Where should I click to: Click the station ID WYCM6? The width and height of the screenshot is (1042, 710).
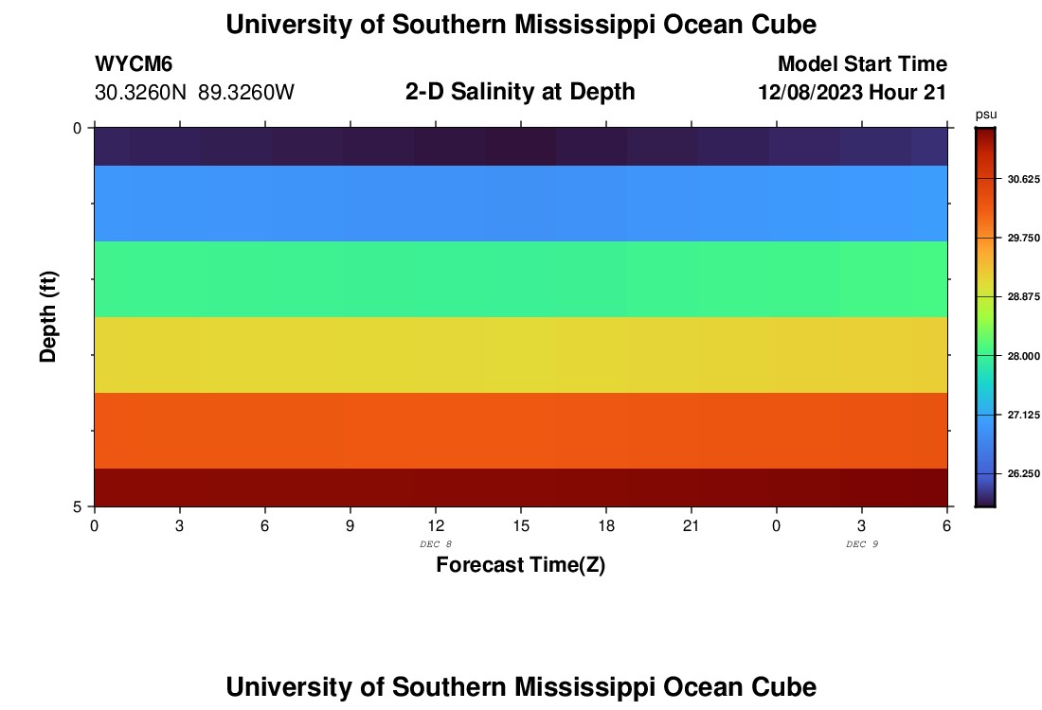click(134, 64)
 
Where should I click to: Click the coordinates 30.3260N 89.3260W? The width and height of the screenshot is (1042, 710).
click(195, 93)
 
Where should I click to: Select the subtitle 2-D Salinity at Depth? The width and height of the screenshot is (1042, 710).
click(520, 92)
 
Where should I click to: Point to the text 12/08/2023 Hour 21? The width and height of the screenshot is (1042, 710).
click(853, 93)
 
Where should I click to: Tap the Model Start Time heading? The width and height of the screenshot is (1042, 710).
click(862, 64)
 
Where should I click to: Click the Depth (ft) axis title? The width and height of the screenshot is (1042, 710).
click(49, 316)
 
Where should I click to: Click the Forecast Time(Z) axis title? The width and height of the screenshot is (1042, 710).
click(520, 565)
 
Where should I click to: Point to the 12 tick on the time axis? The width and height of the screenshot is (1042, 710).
click(435, 525)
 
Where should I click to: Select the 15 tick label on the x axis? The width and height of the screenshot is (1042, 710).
click(520, 525)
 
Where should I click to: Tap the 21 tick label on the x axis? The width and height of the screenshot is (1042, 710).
click(691, 525)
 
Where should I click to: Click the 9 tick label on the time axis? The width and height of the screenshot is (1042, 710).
click(350, 525)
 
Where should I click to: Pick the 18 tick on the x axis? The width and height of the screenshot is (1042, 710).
click(605, 525)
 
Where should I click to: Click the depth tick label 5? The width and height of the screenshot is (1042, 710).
click(77, 507)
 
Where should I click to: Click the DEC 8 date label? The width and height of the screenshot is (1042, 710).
click(435, 543)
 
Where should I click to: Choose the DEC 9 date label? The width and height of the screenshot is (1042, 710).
click(861, 543)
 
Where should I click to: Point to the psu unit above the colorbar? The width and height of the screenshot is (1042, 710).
click(985, 115)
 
